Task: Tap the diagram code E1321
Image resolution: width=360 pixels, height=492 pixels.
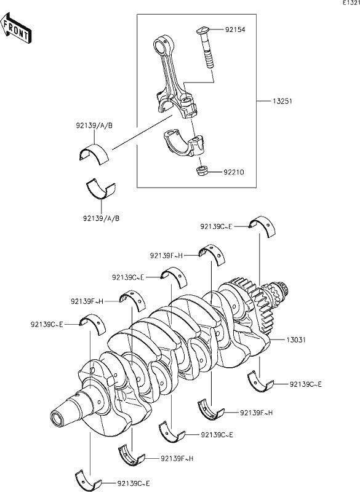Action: coord(350,4)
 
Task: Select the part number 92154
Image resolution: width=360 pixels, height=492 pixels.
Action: coord(234,29)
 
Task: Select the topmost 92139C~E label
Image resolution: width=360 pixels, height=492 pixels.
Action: coord(217,226)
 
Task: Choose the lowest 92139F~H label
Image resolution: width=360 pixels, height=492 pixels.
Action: coord(177,458)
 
